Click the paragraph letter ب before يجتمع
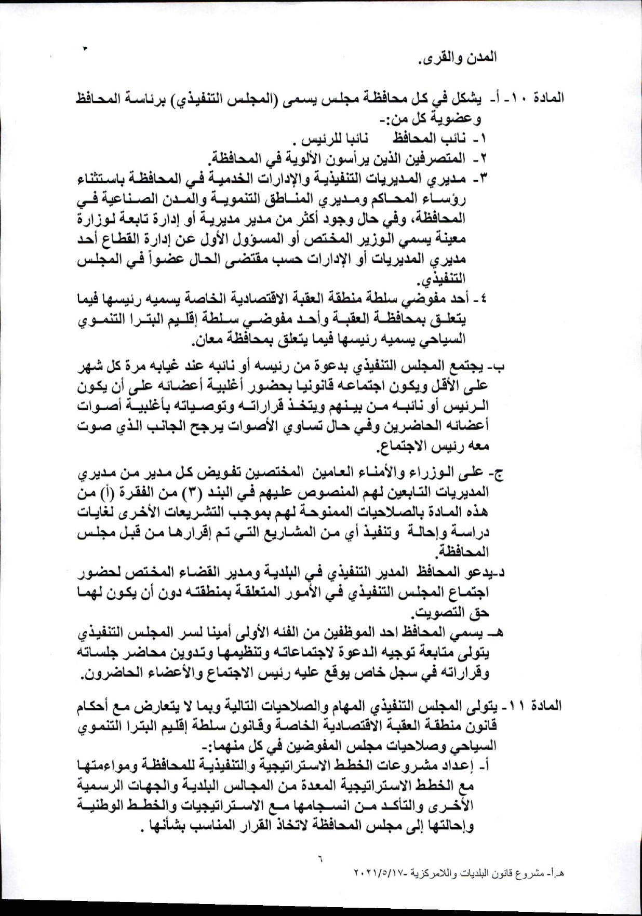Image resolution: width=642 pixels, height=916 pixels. [x=500, y=367]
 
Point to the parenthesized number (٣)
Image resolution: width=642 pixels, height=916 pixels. [x=194, y=492]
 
